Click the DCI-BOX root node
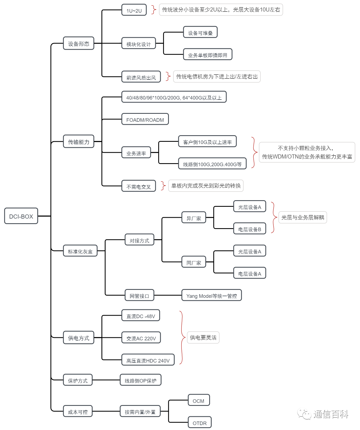pos(21,216)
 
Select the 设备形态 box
pos(79,43)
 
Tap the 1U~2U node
pos(134,10)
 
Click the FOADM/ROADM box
pos(145,119)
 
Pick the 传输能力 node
pos(79,142)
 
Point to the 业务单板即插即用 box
pos(208,55)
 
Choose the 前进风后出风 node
pos(141,77)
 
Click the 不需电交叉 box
pos(138,186)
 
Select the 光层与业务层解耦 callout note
pos(303,217)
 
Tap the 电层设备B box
pos(250,229)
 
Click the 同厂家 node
pos(194,262)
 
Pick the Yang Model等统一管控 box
pos(211,295)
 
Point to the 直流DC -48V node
pos(141,316)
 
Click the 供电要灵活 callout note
pos(203,338)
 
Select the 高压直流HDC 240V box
pos(148,360)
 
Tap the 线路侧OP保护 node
pos(140,380)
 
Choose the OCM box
pos(199,400)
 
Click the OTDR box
pos(200,423)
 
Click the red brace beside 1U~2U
pos(154,10)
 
